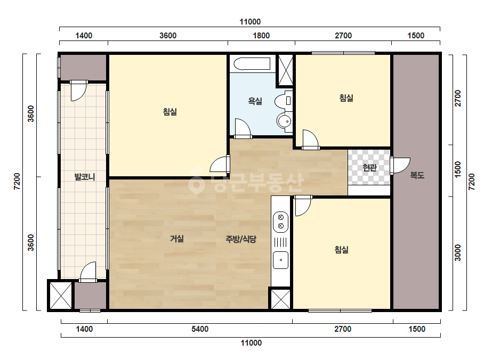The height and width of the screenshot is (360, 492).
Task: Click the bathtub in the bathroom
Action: (252, 64)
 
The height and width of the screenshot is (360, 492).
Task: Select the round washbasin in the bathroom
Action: (284, 121)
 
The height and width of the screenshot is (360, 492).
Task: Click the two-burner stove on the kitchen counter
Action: (280, 222)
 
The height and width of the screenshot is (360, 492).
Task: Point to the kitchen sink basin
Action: (280, 260)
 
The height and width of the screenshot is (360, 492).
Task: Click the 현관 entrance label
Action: (369, 167)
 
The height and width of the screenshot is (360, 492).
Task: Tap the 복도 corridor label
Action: (417, 175)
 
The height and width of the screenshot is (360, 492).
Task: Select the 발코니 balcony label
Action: (84, 177)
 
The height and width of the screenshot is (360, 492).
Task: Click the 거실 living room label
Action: (176, 239)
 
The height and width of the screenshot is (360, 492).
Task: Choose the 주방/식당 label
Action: (241, 239)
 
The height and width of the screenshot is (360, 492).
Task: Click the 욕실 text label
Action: (255, 101)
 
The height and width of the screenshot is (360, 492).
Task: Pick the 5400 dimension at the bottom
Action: (200, 329)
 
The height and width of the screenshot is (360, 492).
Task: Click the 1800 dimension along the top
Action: (261, 36)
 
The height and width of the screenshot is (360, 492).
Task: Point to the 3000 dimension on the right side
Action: (458, 253)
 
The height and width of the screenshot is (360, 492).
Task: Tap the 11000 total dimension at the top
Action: (250, 22)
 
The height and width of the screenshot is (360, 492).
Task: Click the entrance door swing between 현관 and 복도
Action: (400, 165)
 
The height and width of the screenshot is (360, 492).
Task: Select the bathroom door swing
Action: (243, 128)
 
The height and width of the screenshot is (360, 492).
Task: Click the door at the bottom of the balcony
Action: (88, 272)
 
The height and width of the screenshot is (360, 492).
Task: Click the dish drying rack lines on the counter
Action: (280, 242)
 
